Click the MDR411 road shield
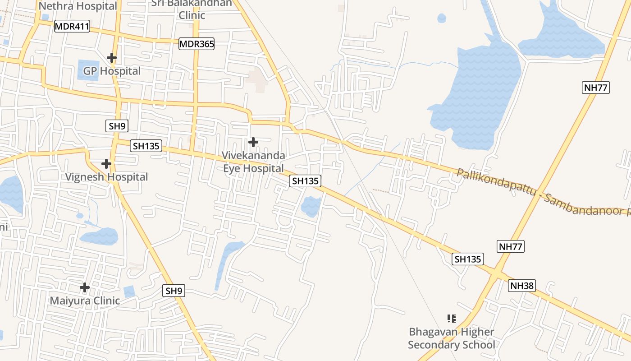[72, 27]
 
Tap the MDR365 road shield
[197, 44]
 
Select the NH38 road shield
[522, 286]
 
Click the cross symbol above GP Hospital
[112, 58]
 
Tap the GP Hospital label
[112, 71]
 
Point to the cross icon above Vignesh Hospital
[106, 163]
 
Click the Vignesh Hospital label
[106, 177]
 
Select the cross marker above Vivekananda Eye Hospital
[253, 142]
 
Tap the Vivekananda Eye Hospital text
[253, 162]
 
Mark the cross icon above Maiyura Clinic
[85, 287]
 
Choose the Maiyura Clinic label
[85, 301]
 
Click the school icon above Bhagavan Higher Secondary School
[452, 319]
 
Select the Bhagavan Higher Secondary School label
[452, 338]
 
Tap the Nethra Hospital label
[78, 6]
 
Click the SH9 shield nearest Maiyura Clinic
[174, 291]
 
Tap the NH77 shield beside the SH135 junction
[511, 246]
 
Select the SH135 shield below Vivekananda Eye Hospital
[305, 181]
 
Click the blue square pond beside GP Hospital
[88, 70]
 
